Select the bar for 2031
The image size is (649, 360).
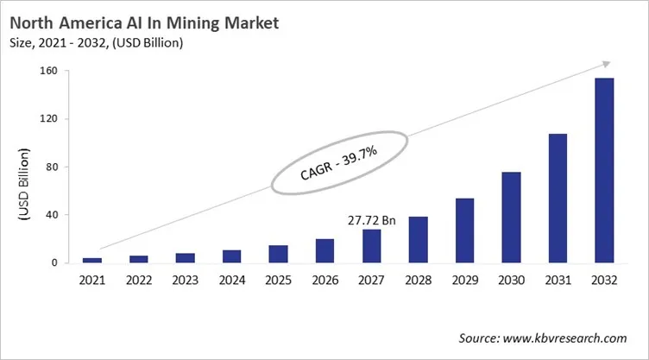(x=558, y=198)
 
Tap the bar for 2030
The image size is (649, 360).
(x=512, y=217)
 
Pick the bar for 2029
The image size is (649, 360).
(x=465, y=231)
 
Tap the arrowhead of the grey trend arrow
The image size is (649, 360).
(x=606, y=64)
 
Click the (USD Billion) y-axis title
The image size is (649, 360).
(x=25, y=186)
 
